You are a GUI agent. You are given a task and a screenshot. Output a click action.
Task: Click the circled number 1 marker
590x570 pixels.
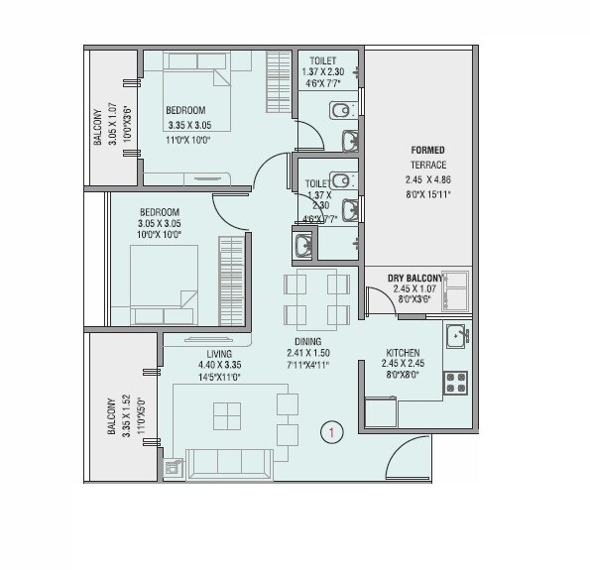click(333, 431)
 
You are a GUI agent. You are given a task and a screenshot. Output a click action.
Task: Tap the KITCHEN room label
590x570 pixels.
click(402, 353)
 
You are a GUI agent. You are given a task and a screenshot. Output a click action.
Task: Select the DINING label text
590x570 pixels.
click(306, 342)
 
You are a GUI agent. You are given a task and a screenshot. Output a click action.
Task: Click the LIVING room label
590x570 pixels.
click(219, 354)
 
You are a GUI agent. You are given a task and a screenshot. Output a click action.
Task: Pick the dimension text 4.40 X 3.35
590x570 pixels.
click(219, 365)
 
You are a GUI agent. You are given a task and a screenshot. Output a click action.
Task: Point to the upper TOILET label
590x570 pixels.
click(322, 60)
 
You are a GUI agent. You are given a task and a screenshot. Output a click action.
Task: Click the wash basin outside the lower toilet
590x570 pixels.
click(304, 243)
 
